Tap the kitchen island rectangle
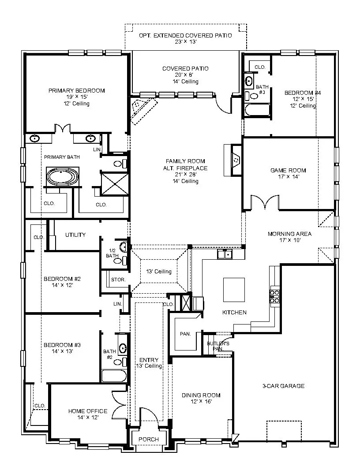pos(234,290)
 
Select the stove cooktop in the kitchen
pos(274,296)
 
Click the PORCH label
pos(149,439)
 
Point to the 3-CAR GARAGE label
pos(284,386)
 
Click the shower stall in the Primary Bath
pos(115,184)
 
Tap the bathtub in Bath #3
pos(257,110)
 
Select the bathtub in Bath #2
pos(114,376)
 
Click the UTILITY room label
pos(75,235)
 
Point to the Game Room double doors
pos(265,202)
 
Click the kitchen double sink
pos(225,254)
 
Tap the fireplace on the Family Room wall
pos(233,160)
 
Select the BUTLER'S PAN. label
pos(218,346)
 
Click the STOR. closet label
pos(118,280)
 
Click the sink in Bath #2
pos(122,349)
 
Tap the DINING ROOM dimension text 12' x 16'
pos(201,401)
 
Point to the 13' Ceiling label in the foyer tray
pos(159,272)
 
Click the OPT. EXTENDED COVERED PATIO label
pos(185,35)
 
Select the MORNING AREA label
pos(289,234)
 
